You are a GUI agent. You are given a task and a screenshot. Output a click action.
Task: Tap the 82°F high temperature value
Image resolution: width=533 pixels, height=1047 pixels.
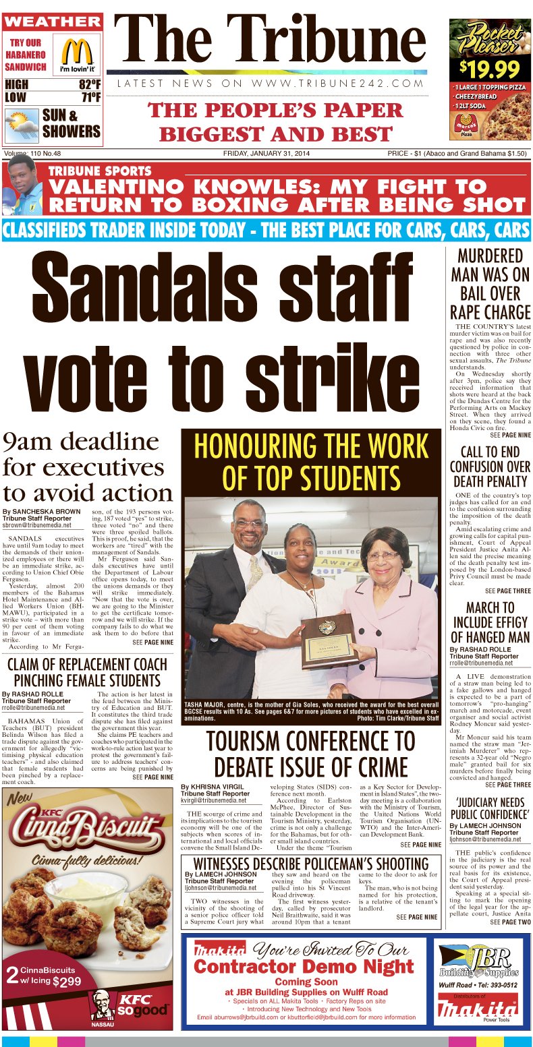click(89, 85)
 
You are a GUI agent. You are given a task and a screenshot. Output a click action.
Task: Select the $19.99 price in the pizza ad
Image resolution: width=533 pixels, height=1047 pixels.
click(490, 68)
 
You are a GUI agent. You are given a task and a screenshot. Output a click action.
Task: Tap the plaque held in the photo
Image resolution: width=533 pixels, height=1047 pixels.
click(329, 640)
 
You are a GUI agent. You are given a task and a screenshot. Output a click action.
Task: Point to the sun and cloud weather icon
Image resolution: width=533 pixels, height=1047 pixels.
click(22, 125)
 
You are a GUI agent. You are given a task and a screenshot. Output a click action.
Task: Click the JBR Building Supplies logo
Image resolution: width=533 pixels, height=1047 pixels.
click(479, 961)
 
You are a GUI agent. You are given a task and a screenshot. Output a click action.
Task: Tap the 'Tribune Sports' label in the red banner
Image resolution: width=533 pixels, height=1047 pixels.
click(100, 171)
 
